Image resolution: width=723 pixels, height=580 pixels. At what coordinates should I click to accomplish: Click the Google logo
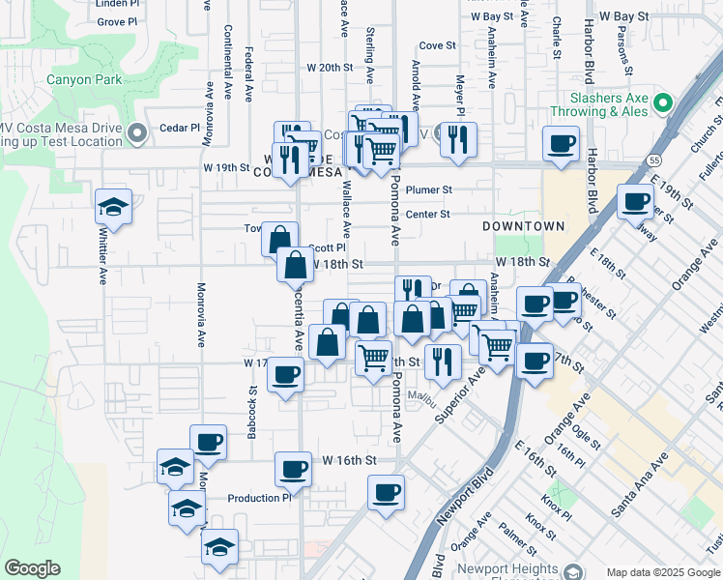coord(33,568)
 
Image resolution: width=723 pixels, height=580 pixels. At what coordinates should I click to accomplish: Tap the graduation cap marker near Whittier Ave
coord(114,208)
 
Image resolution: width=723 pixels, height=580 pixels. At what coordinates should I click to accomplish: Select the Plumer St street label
coord(429,190)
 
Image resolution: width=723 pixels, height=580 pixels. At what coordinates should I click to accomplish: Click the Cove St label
coord(437,45)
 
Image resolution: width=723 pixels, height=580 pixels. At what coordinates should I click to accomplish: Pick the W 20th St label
coord(331,68)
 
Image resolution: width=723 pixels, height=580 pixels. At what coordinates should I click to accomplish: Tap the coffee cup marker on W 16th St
coord(293,470)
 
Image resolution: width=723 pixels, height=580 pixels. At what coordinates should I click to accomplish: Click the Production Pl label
coord(259,499)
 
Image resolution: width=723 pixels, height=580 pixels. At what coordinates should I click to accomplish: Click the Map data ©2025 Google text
coord(661,571)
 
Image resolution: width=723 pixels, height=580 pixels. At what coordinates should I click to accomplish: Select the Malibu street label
coord(422,394)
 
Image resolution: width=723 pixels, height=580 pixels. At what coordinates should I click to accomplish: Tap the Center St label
coord(428,215)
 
